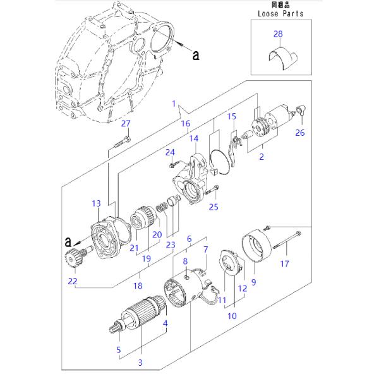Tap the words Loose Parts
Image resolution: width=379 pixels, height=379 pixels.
pyautogui.click(x=280, y=13)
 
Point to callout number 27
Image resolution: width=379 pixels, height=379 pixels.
pyautogui.click(x=126, y=123)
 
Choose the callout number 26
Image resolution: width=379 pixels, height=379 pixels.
pyautogui.click(x=300, y=132)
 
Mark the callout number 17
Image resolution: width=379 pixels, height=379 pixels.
pyautogui.click(x=284, y=263)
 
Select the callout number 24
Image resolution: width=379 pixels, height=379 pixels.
pyautogui.click(x=169, y=152)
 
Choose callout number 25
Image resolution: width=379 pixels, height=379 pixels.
pyautogui.click(x=214, y=206)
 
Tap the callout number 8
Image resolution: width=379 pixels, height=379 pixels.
pyautogui.click(x=185, y=261)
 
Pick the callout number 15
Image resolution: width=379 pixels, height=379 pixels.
pyautogui.click(x=231, y=116)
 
